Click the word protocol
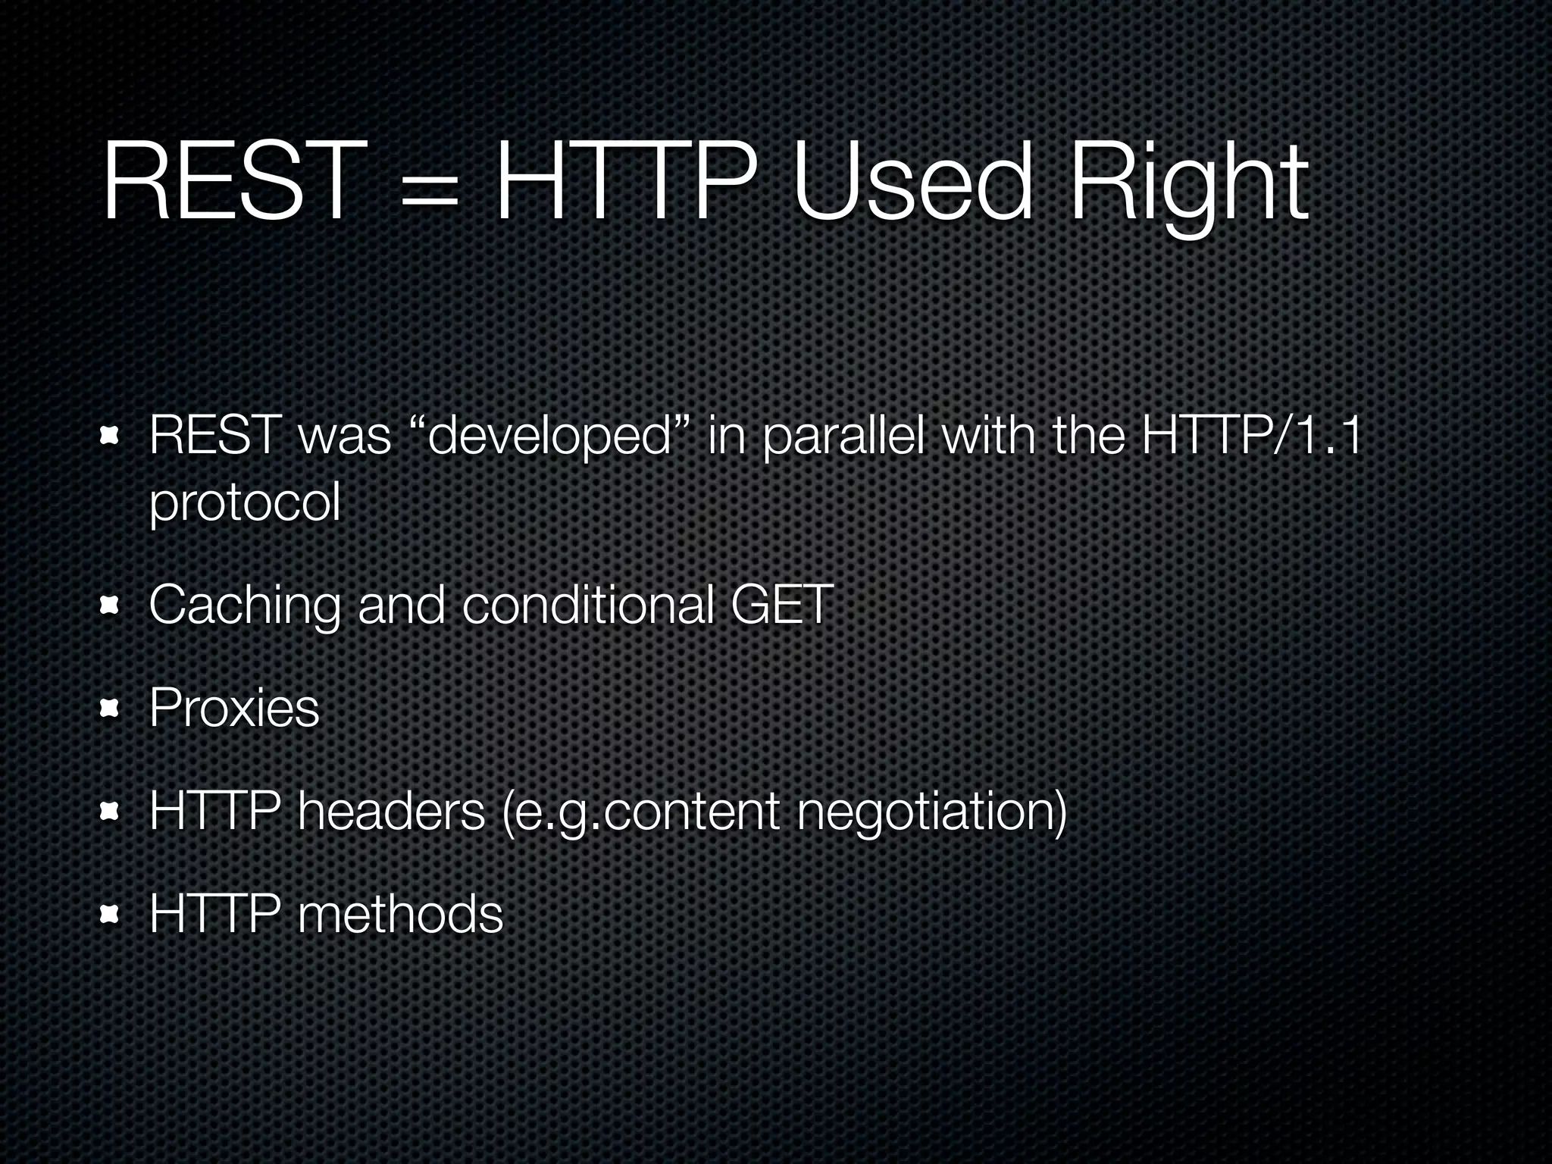click(244, 503)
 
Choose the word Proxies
click(233, 708)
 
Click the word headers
click(391, 810)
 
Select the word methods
click(400, 913)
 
